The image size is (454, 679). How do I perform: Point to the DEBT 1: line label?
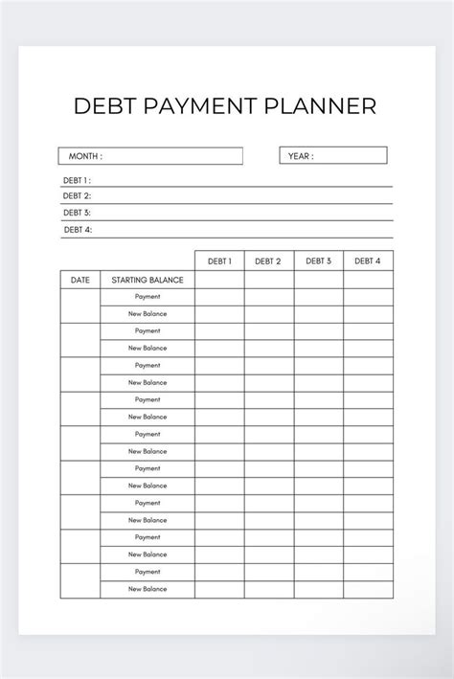click(77, 180)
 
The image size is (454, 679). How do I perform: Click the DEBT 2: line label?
click(77, 196)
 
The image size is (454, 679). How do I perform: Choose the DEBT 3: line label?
click(77, 213)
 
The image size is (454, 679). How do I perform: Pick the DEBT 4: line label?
click(77, 230)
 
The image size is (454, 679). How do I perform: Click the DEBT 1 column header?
click(219, 260)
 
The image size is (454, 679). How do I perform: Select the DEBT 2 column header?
click(268, 260)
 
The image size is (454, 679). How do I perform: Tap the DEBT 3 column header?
click(318, 260)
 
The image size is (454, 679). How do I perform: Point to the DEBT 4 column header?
click(368, 260)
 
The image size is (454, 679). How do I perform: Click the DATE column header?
click(80, 280)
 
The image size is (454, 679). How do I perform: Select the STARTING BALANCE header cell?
click(148, 280)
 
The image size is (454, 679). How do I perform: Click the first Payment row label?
click(148, 297)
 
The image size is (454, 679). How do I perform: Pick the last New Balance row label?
click(148, 589)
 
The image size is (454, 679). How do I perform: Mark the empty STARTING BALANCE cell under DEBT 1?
click(219, 280)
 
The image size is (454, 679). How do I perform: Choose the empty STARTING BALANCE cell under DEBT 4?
click(368, 280)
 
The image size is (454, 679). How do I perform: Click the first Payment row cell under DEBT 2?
click(268, 297)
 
